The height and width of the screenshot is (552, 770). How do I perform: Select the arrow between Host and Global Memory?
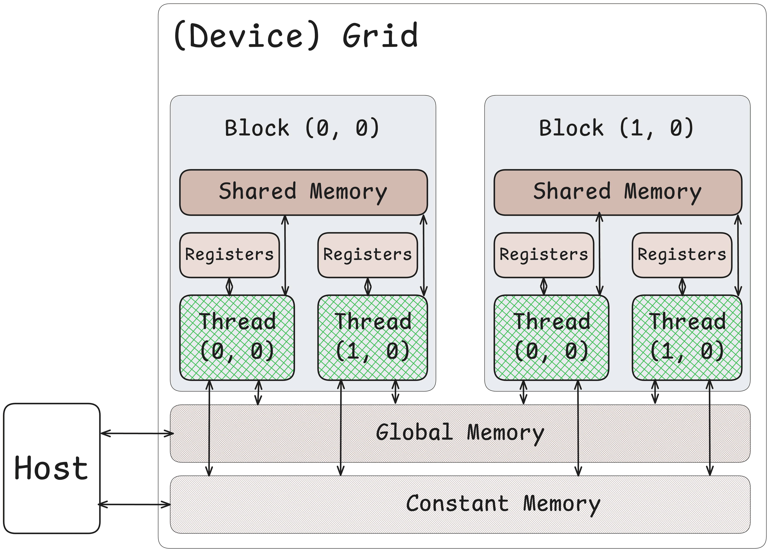[x=137, y=433]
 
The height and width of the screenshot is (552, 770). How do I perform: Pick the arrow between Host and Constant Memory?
[x=134, y=504]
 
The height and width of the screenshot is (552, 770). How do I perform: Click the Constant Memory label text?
[x=503, y=504]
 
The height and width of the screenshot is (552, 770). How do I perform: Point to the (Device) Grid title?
[x=295, y=36]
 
